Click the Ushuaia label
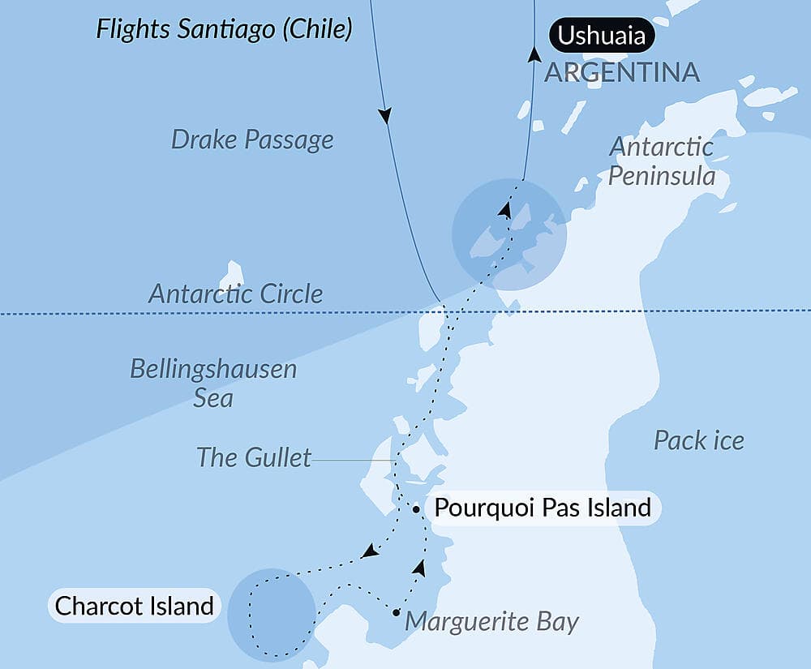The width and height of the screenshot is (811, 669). [x=602, y=35]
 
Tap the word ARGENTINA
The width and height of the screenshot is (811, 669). [x=621, y=72]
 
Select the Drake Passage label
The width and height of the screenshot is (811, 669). [x=252, y=139]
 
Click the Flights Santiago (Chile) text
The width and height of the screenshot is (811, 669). [x=224, y=30]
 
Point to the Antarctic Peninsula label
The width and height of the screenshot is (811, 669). [x=662, y=161]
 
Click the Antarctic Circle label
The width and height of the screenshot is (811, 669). [x=235, y=294]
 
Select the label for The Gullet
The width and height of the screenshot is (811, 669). [x=254, y=457]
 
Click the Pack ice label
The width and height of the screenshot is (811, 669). [x=698, y=440]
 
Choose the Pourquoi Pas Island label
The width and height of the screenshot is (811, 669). [x=543, y=508]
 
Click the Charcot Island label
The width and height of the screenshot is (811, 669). [x=134, y=605]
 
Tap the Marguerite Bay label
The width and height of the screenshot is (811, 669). [x=491, y=622]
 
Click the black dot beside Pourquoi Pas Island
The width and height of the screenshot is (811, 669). [x=416, y=509]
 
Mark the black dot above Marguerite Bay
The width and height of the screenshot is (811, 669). [x=396, y=612]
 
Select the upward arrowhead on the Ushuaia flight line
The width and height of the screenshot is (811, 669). [x=534, y=54]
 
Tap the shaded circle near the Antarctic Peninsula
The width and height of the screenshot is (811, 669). [x=508, y=234]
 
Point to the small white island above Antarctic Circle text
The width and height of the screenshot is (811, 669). [x=234, y=273]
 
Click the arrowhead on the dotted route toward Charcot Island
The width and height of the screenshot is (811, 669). [x=369, y=552]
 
